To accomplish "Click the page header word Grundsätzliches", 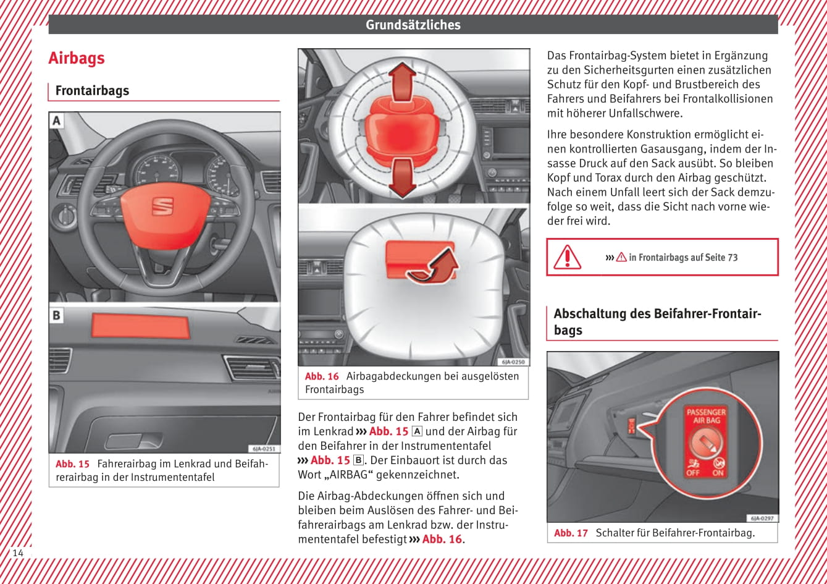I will (413, 25).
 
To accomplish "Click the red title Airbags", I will (77, 58).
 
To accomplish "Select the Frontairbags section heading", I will (92, 91).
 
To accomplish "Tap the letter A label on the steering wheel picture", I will (57, 121).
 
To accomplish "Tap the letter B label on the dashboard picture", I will (57, 315).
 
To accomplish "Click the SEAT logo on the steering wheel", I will (163, 206).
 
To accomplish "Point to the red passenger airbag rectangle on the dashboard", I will (140, 326).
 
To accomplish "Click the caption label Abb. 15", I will (72, 463).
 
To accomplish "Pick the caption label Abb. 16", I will (322, 376).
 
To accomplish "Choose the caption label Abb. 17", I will (571, 533).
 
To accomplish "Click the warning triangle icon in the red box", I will (566, 257).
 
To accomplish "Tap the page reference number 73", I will (732, 258).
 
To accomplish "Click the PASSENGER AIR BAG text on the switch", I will (706, 416).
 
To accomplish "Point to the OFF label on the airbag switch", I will (692, 473).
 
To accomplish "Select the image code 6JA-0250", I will (513, 362).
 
